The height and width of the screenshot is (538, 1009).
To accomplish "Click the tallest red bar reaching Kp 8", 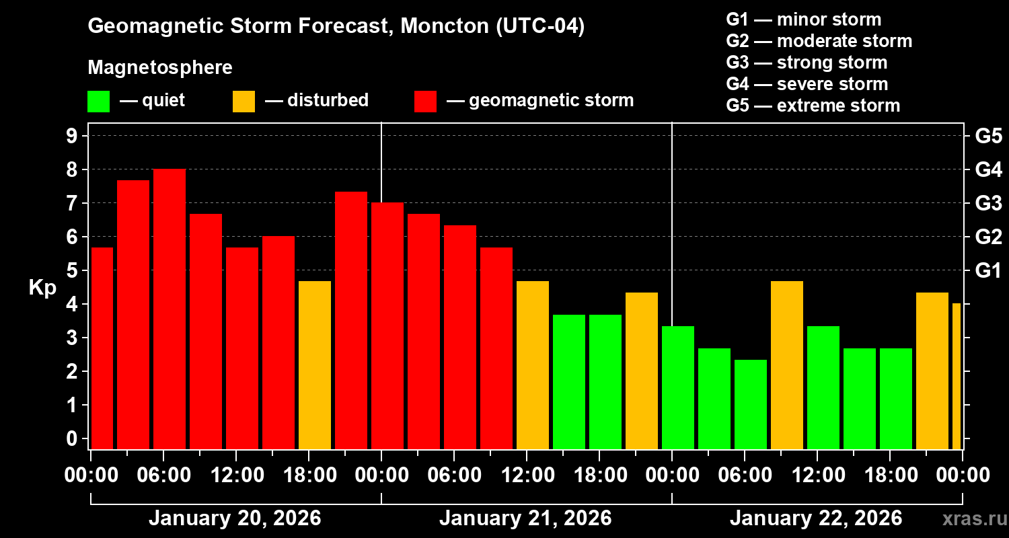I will (x=170, y=309).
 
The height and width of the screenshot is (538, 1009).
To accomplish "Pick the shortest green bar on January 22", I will (x=751, y=404).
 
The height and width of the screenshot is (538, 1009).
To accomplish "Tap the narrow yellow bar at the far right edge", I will (x=957, y=377).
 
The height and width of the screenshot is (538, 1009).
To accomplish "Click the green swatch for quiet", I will (x=98, y=101).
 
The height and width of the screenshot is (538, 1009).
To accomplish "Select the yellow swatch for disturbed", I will (x=244, y=101).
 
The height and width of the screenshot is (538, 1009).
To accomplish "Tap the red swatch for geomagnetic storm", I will (x=426, y=101).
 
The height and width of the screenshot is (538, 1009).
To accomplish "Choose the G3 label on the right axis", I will (x=988, y=203).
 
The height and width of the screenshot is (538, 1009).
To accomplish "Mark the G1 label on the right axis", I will (x=988, y=270).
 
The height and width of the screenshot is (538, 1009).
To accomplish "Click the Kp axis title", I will (x=42, y=288).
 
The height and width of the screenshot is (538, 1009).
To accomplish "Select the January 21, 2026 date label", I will (x=525, y=518).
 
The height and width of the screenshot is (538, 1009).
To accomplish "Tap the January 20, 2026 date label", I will (x=235, y=518).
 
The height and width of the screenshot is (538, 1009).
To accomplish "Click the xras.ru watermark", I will (x=970, y=519).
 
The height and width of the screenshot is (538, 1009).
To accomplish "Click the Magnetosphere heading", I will (x=160, y=68).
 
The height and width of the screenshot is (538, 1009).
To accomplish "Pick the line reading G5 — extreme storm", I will (x=813, y=106).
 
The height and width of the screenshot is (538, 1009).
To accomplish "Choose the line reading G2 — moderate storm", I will (x=819, y=41).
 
